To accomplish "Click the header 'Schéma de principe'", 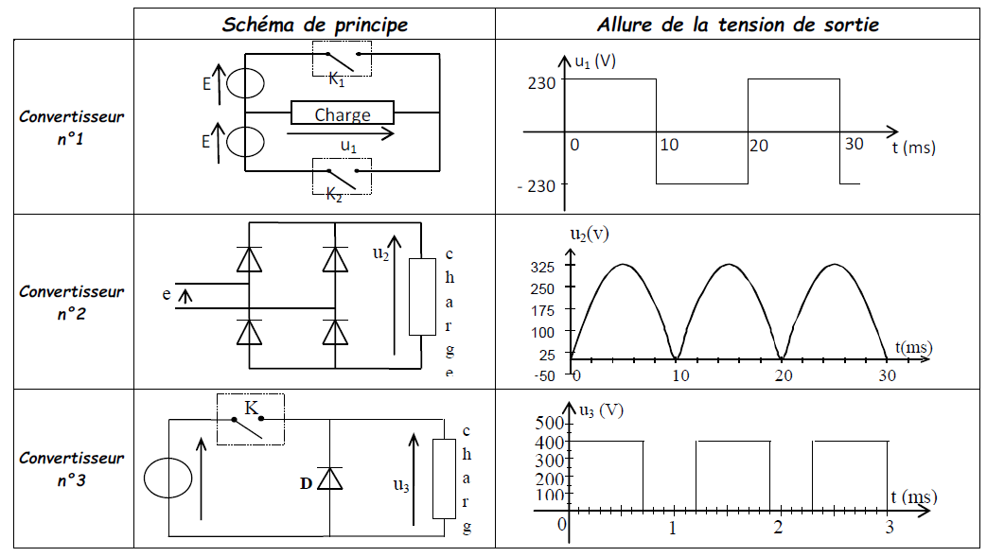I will pyautogui.click(x=314, y=25).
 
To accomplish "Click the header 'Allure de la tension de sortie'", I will pyautogui.click(x=737, y=25).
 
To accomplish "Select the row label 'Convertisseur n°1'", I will pyautogui.click(x=71, y=127).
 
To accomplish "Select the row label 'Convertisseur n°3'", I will pyautogui.click(x=71, y=467).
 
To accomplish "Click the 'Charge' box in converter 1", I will pyautogui.click(x=343, y=114).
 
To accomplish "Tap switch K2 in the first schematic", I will pyautogui.click(x=342, y=176).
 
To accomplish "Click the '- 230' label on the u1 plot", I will pyautogui.click(x=536, y=186).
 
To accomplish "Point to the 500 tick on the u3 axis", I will pyautogui.click(x=548, y=422).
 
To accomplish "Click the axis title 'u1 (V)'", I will pyautogui.click(x=595, y=62).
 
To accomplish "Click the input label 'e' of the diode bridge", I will pyautogui.click(x=167, y=294).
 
